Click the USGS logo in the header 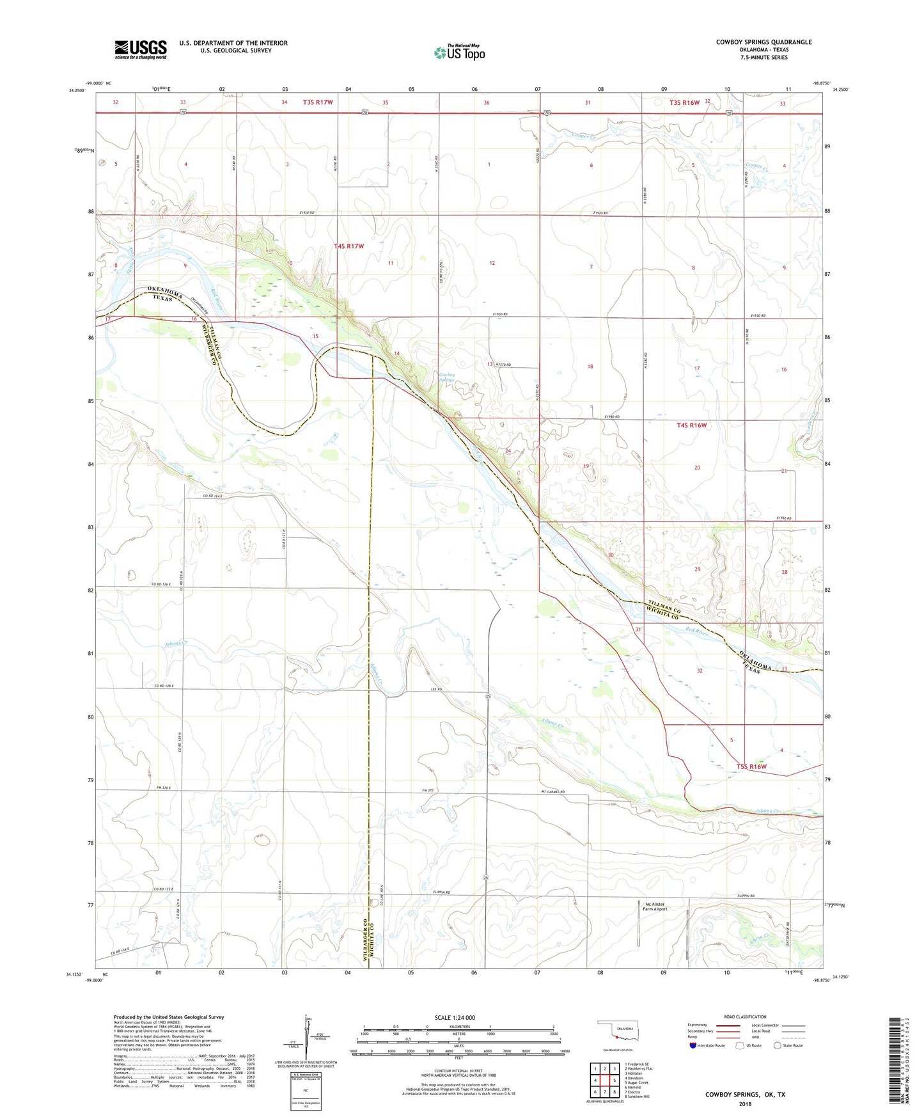141,49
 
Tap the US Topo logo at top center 459,52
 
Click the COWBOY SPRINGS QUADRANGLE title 763,42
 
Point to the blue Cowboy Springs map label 447,377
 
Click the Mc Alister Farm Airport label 654,907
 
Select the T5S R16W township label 751,766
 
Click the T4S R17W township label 349,246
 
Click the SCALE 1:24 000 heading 454,1018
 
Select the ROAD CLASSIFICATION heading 745,1017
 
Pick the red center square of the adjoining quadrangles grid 604,1081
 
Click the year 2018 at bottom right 745,1104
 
